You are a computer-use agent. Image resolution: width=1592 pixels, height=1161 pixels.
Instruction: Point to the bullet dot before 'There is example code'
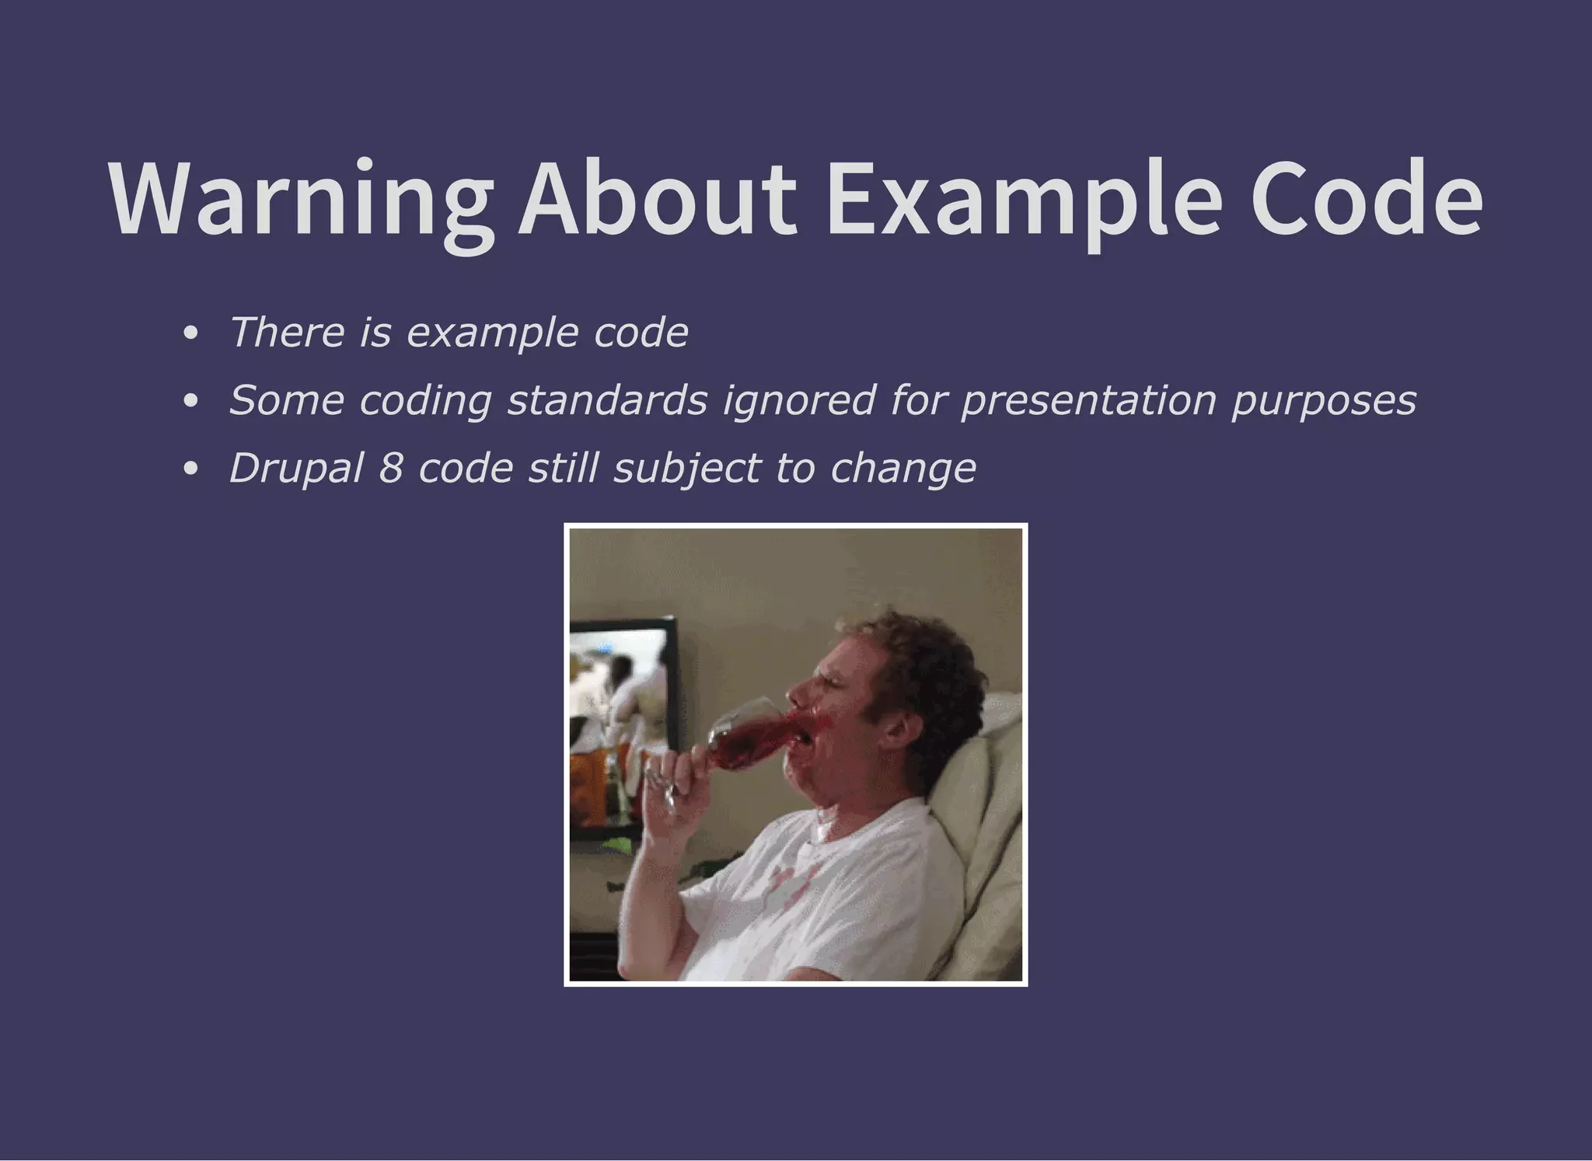pos(190,335)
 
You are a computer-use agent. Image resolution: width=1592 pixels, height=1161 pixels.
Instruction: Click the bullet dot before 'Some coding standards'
pos(190,403)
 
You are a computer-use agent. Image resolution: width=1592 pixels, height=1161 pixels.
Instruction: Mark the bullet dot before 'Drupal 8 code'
pos(190,470)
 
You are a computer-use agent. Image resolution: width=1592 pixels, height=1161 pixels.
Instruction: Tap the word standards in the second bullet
pos(607,401)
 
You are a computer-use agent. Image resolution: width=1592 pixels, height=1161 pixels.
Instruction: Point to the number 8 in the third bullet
pos(391,469)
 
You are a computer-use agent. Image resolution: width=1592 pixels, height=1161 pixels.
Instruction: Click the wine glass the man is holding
pos(742,734)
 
